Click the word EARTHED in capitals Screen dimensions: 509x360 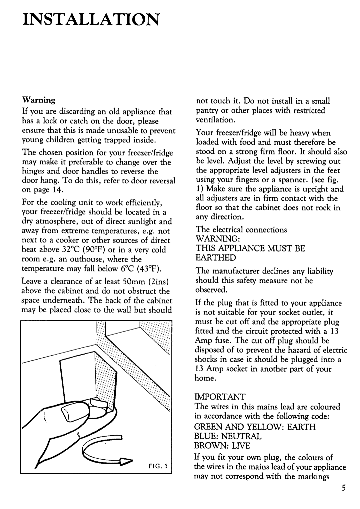[216, 258]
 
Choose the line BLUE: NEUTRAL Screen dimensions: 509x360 [228, 436]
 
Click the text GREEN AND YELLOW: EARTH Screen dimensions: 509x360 [255, 427]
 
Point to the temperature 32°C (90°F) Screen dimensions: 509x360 [79, 250]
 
